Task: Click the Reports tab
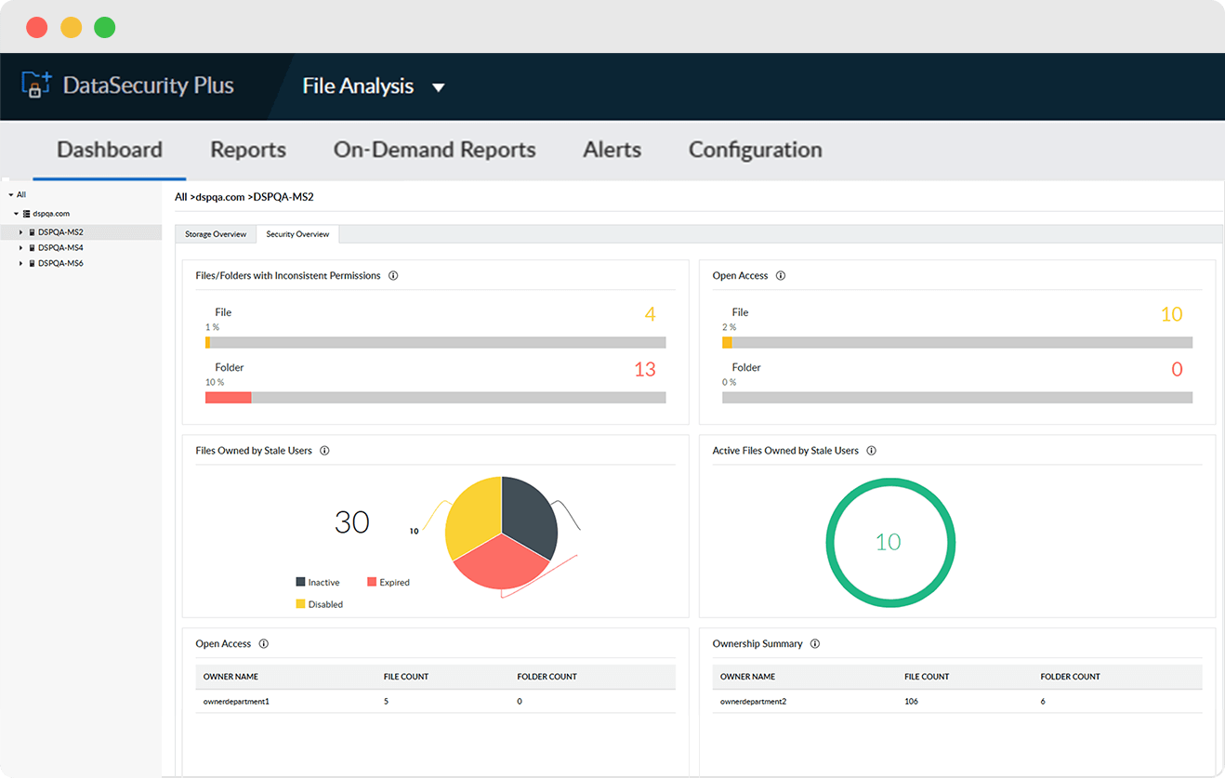click(248, 150)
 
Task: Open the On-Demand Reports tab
click(434, 150)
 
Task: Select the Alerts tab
click(612, 150)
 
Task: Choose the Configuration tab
click(755, 150)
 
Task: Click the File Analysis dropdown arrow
click(439, 87)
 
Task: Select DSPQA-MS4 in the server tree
click(60, 248)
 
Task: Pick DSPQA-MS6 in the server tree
click(60, 264)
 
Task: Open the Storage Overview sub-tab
click(216, 234)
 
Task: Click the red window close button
click(37, 27)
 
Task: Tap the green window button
click(105, 27)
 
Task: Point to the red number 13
click(645, 370)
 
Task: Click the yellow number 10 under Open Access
click(1171, 315)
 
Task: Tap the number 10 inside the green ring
click(889, 543)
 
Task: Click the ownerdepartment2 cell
click(753, 702)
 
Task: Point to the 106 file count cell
click(911, 702)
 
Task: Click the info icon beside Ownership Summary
click(815, 644)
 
